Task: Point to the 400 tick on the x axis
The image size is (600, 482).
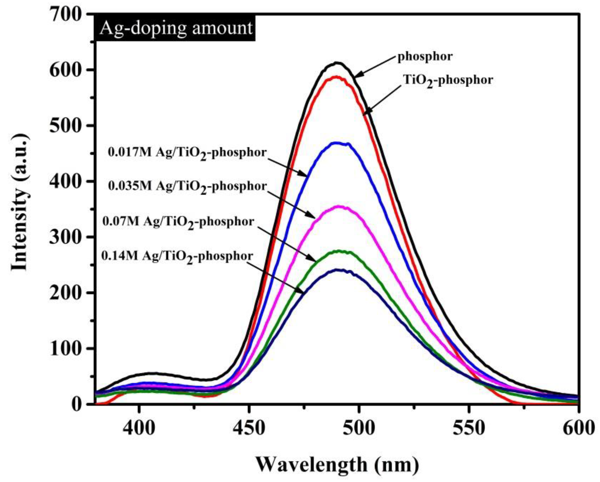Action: [139, 404]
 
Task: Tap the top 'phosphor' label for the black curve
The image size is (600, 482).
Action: [425, 57]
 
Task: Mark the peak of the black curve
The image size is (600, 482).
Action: [337, 63]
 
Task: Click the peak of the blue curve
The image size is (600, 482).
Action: [337, 143]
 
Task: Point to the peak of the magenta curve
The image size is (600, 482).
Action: [339, 206]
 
